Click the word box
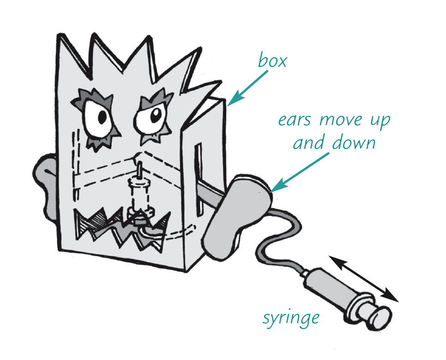coord(272,61)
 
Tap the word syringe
coord(291,318)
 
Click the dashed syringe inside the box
coord(139,194)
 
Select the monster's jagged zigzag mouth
coord(122,226)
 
